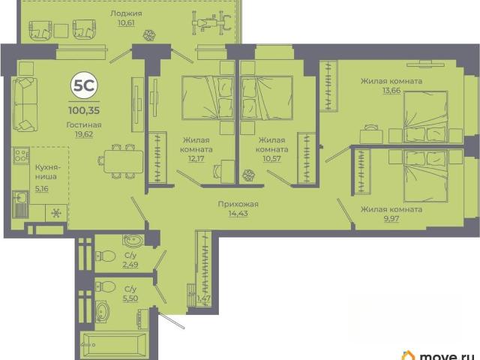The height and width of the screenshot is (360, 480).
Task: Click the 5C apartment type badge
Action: (84, 86)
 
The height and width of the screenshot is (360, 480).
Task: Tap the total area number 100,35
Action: (84, 110)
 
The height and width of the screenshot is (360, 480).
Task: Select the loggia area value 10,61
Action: (126, 23)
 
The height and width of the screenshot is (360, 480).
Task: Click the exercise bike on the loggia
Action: (211, 22)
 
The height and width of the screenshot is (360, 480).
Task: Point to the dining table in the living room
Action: (123, 161)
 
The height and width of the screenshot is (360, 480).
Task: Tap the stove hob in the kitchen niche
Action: (21, 155)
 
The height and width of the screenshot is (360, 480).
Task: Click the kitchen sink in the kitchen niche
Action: (20, 204)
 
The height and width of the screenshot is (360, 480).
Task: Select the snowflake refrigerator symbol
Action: (56, 213)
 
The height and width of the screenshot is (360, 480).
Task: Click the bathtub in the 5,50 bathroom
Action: (115, 345)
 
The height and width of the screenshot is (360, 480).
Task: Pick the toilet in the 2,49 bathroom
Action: (105, 256)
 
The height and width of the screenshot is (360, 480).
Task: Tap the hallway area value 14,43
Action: (238, 213)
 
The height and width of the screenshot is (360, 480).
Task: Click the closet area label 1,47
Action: (204, 298)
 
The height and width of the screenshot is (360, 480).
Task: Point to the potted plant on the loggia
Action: (150, 35)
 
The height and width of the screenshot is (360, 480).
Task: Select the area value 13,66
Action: (391, 90)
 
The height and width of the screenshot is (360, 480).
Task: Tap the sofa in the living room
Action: (25, 104)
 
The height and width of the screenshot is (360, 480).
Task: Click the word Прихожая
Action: (238, 204)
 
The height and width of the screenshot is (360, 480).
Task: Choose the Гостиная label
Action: (84, 125)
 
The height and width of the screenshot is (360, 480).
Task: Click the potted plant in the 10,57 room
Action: (248, 175)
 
